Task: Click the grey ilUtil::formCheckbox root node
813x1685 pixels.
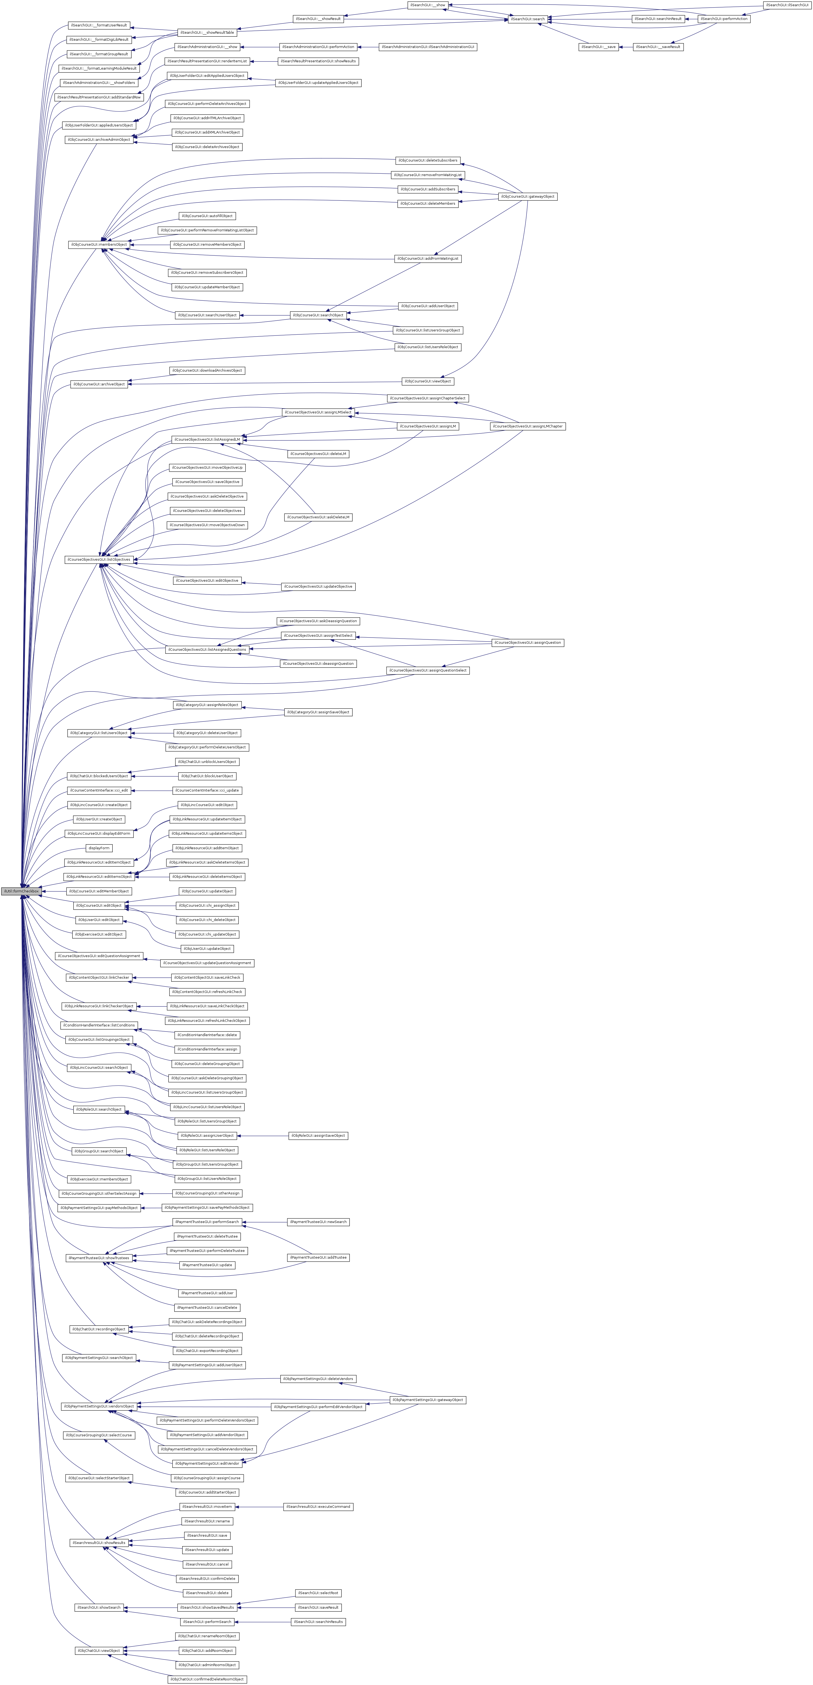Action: [21, 891]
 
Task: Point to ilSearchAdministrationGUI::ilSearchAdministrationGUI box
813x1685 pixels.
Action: [428, 47]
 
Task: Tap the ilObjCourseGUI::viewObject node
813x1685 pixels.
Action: [427, 381]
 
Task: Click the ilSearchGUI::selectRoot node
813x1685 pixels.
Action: [318, 1593]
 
